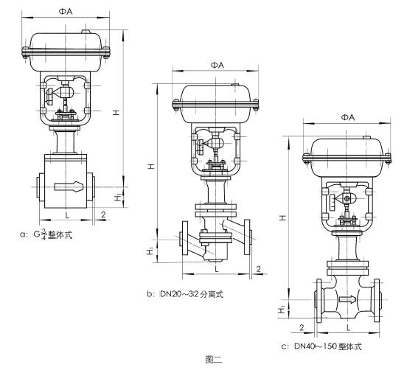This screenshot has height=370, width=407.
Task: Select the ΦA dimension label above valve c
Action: [348, 117]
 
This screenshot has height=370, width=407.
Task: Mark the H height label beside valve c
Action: [284, 219]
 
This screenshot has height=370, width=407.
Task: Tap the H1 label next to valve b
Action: [151, 251]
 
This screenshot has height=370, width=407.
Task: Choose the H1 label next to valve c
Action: [284, 312]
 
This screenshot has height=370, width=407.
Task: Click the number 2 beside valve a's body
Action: [102, 214]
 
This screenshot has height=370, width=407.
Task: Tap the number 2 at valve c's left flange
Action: [303, 325]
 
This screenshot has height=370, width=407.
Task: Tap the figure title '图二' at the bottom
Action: [214, 360]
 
